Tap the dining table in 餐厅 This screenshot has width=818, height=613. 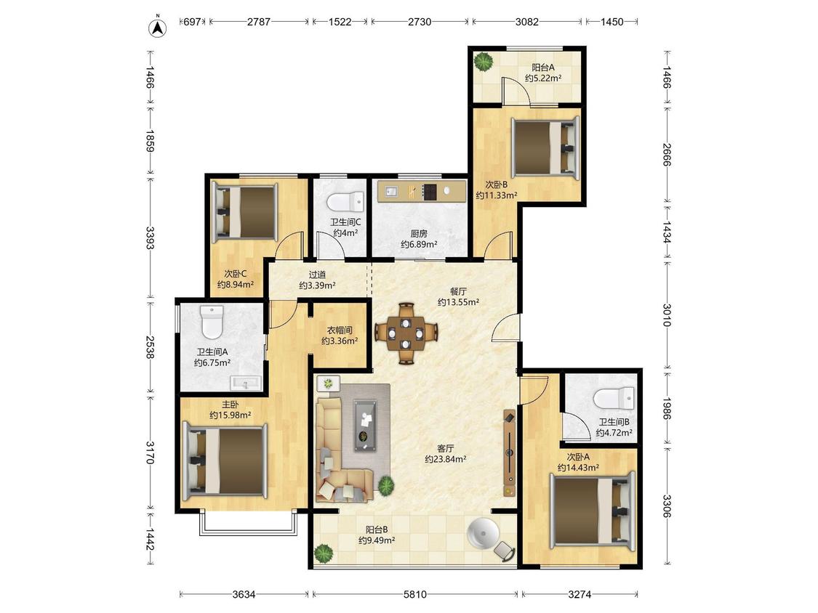pos(406,333)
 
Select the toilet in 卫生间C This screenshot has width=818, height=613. pos(345,200)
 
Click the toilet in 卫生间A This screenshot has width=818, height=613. pos(212,322)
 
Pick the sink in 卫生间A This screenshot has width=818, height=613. pos(245,383)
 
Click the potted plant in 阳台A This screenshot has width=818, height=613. pos(484,62)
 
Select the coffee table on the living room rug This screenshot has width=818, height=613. pos(366,425)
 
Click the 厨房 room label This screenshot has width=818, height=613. pos(419,234)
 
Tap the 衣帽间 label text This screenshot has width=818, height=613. pos(340,330)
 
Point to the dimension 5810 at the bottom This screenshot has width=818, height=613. pos(415,594)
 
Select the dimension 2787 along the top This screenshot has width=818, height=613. pos(259,22)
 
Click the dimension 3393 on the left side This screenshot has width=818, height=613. pos(151,238)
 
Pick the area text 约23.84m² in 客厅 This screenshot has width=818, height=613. pos(446,459)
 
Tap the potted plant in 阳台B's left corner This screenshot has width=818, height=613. pos(324,553)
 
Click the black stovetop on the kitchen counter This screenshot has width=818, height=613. pos(430,192)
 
